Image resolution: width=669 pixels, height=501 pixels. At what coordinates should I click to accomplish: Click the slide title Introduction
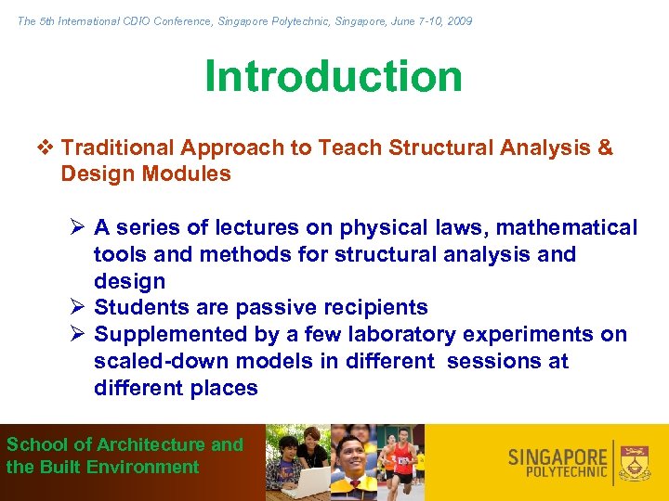334,76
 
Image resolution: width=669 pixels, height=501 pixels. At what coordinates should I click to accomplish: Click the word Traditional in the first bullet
118,148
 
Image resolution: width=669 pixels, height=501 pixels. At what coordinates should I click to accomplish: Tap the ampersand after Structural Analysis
605,148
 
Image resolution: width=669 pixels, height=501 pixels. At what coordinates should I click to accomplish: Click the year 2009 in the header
459,20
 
